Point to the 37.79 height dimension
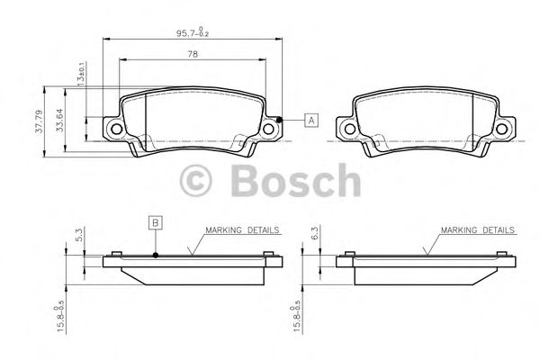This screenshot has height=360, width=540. pyautogui.click(x=39, y=121)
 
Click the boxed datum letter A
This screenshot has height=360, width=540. pyautogui.click(x=310, y=120)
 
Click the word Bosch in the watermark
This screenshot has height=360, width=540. pyautogui.click(x=295, y=182)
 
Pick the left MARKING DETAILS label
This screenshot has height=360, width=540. pyautogui.click(x=240, y=230)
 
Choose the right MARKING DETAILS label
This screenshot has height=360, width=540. pyautogui.click(x=478, y=230)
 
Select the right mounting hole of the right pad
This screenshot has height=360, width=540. pyautogui.click(x=500, y=130)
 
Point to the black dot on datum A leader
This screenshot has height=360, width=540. pyautogui.click(x=281, y=120)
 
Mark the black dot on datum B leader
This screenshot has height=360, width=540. pyautogui.click(x=155, y=255)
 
